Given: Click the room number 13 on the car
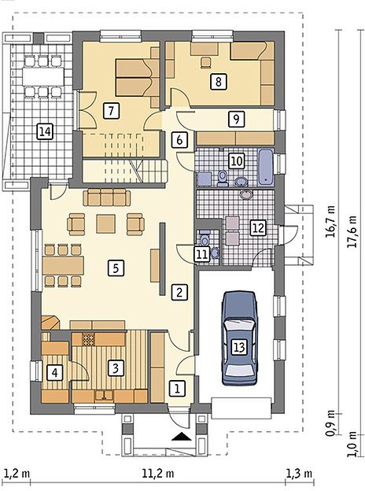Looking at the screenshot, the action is [239, 347].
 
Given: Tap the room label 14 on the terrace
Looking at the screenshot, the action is [45, 131].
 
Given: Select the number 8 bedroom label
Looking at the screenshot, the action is [219, 81].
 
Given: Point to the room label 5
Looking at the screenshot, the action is [116, 268].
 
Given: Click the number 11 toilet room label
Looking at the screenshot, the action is [202, 253].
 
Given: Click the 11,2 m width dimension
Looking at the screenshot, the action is [158, 474].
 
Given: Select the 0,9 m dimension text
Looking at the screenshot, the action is [330, 423].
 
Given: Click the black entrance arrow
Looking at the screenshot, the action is [182, 436].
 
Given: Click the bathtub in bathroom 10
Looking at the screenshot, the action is [265, 167].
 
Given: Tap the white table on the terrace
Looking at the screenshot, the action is [43, 76].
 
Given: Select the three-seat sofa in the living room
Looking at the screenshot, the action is [107, 198].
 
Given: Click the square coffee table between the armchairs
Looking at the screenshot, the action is [106, 223].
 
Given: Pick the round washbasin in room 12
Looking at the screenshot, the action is [247, 195].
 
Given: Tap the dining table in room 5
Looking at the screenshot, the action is [64, 266].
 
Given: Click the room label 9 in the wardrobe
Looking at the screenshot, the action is [236, 119].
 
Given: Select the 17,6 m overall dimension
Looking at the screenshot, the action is [353, 231].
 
